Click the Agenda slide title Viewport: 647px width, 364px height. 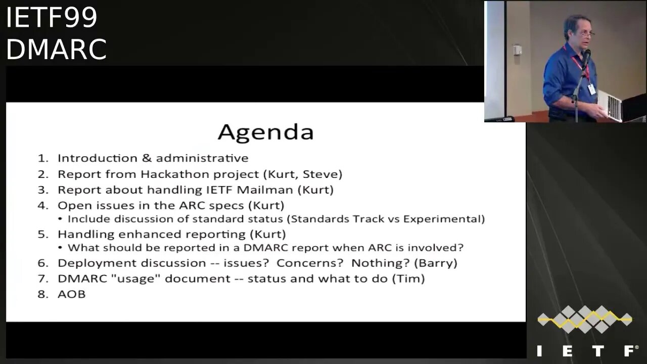coord(265,132)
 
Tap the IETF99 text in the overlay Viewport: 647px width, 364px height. coord(52,17)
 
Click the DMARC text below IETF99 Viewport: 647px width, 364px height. coord(57,49)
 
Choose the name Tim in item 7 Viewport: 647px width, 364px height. coord(408,279)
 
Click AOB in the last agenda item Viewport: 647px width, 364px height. coord(72,294)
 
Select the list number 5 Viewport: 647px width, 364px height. coord(41,234)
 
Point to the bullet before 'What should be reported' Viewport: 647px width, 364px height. coord(60,248)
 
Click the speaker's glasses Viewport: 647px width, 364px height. coord(586,33)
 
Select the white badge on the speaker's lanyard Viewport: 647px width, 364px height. coord(591,89)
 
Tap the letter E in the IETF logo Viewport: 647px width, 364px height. coord(567,351)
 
